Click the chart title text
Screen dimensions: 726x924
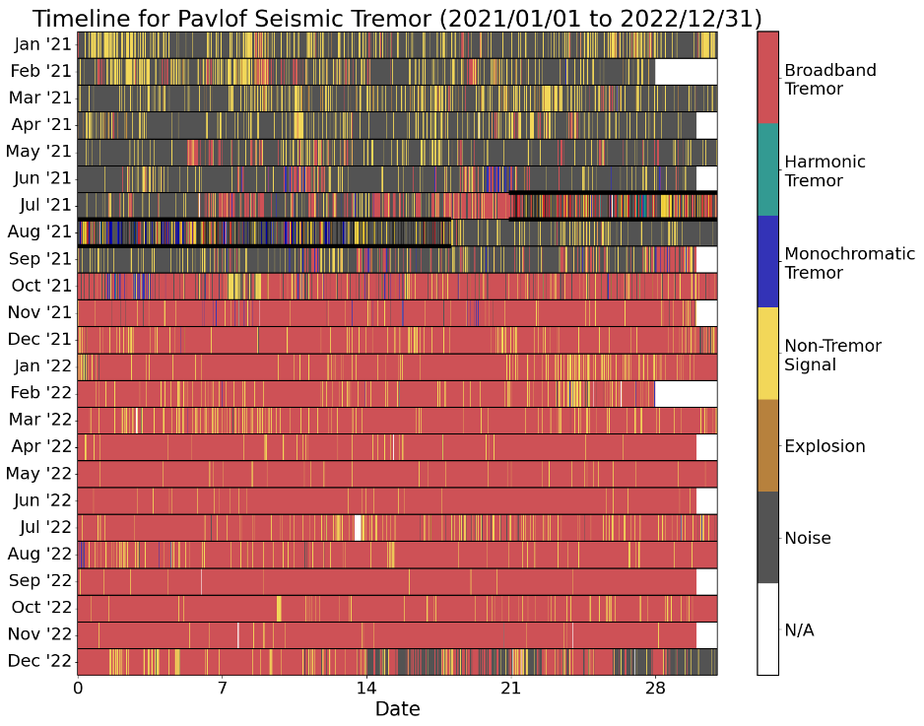tap(397, 18)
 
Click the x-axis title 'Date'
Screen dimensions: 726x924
tap(397, 708)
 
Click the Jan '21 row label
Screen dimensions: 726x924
tap(40, 44)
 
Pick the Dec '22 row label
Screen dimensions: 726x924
tap(40, 661)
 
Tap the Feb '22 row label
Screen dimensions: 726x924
tap(40, 393)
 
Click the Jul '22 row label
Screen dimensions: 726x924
tap(42, 527)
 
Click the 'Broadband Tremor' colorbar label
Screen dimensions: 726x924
tap(829, 80)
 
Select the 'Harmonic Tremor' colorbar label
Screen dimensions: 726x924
tap(825, 171)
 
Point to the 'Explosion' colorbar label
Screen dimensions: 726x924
tap(825, 446)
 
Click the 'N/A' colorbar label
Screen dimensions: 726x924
tap(799, 629)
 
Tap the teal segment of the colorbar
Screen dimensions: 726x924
tap(767, 169)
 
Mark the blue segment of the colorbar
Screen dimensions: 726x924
tap(767, 261)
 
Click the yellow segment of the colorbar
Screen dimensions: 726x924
tap(767, 353)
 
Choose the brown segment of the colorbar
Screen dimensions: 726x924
tap(767, 445)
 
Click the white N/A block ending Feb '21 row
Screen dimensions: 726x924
tap(686, 71)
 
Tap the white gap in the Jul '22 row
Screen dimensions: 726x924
tap(359, 527)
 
